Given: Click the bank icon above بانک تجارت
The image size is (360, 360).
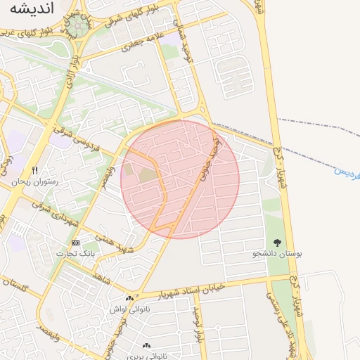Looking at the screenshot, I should point(76,243).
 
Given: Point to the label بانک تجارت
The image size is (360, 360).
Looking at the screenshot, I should point(78,252).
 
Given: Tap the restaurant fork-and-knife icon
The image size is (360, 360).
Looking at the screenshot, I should point(34,171).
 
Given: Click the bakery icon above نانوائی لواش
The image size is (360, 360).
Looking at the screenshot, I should point(129,298).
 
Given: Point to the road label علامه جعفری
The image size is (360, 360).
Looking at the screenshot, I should point(141,42).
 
